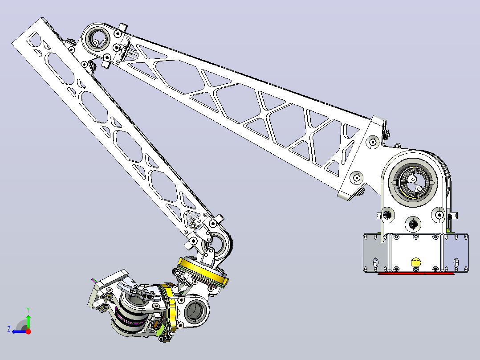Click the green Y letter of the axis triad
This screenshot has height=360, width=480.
pos(28,310)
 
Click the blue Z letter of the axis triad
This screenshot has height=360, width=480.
pos(9,329)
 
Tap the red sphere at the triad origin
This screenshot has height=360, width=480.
pos(28,331)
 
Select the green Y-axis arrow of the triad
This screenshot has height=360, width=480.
pos(28,321)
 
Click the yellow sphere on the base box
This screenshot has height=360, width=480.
pos(416,262)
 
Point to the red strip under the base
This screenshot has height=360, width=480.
pos(416,273)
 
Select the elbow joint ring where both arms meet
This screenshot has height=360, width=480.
pos(98,40)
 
